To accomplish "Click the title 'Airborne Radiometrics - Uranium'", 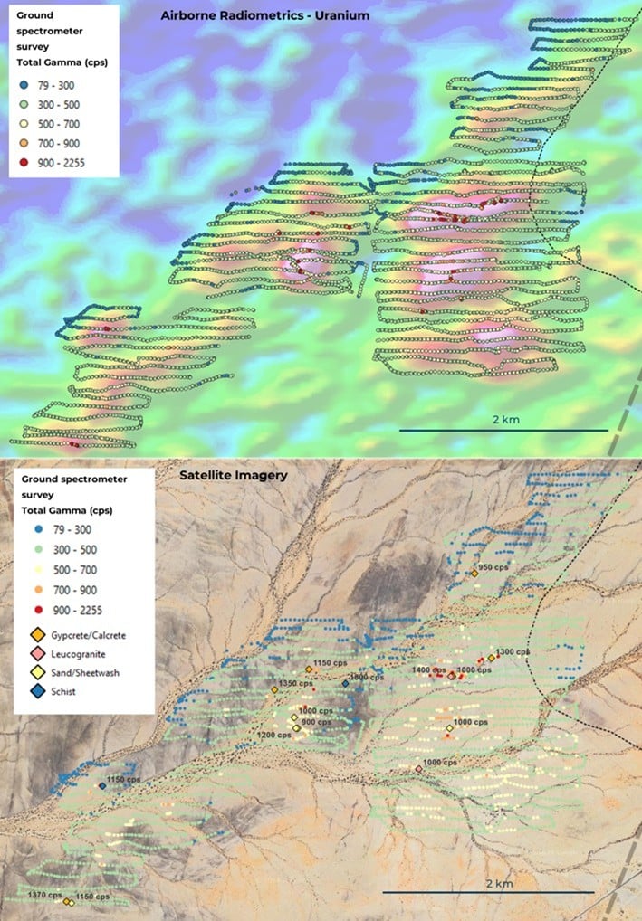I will (264, 15).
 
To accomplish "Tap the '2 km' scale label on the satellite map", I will (499, 882).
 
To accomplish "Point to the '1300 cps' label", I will (513, 651).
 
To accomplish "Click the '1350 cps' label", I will (294, 683).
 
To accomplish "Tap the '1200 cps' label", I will (273, 735).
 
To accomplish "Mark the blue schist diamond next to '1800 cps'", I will (346, 683).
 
